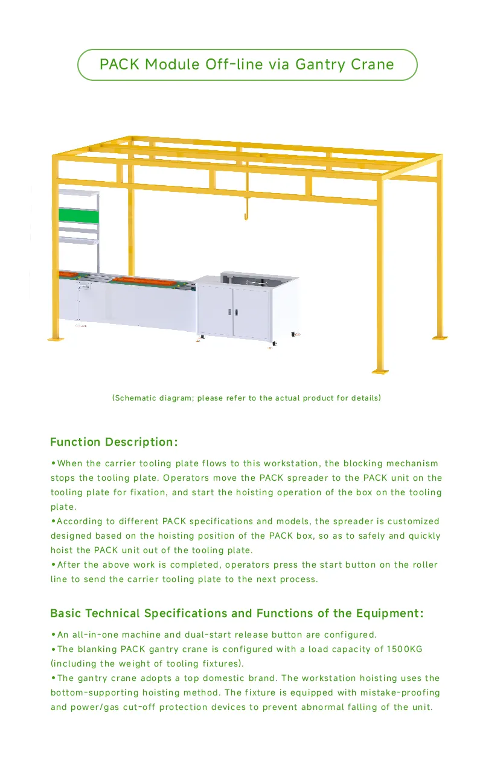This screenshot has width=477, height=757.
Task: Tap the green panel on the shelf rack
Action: point(78,215)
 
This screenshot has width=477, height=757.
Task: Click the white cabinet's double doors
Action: point(233,312)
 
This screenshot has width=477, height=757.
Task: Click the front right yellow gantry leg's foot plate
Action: point(380,370)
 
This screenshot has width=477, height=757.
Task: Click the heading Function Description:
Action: point(114,442)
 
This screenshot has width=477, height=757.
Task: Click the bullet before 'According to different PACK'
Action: point(53,521)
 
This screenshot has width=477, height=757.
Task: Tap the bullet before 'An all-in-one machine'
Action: point(53,635)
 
